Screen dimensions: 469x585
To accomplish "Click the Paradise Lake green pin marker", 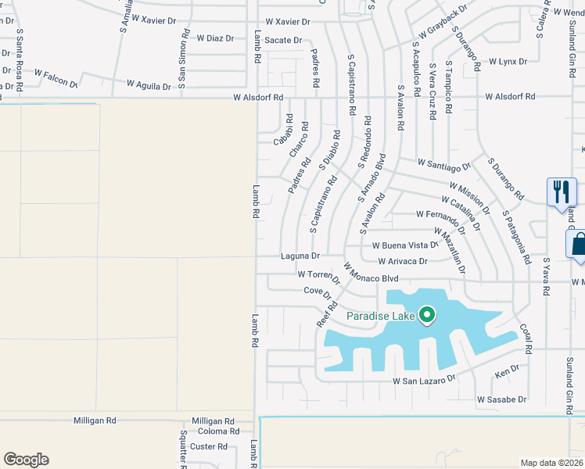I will pos(426,316).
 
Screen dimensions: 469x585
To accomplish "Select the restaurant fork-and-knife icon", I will pos(562,191).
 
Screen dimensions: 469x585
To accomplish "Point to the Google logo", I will pos(26,460).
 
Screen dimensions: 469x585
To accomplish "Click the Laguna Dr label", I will pos(300,256).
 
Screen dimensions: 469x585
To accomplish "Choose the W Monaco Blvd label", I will pos(371,277).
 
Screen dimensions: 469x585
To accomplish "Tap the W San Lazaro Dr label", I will pos(423,380).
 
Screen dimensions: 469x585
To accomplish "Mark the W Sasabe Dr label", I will pos(501,399).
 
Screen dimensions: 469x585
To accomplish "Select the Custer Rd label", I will pos(210,447).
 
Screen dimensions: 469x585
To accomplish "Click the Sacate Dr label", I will pos(282,40).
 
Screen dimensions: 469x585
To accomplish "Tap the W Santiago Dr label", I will pos(444,165).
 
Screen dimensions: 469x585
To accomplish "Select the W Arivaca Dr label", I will pos(402,261).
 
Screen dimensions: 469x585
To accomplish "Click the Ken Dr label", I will pos(508,369).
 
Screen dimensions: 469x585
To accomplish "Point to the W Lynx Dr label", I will pos(508,61).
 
